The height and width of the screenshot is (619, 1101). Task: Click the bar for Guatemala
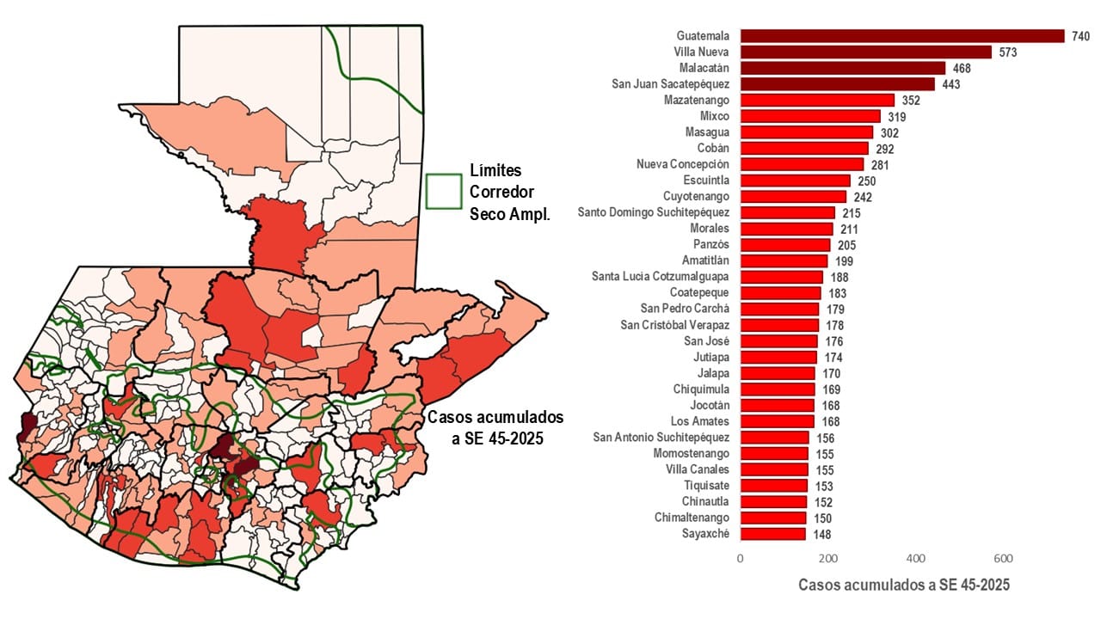901,36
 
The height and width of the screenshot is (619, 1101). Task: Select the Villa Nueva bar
865,52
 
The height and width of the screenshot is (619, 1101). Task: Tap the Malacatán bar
842,68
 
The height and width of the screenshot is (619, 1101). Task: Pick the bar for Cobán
803,148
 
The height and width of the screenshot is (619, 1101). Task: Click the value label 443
950,84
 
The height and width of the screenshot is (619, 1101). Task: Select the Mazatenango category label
696,100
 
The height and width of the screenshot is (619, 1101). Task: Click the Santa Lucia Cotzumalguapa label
660,276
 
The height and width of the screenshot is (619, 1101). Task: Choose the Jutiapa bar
778,357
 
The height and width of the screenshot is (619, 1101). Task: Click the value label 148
821,534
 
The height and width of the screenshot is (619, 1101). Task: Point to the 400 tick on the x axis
915,558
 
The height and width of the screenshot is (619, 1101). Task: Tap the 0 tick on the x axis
740,558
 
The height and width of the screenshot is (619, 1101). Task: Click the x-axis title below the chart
903,585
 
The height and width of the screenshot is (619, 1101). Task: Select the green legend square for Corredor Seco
445,191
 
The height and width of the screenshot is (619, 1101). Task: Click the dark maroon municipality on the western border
28,425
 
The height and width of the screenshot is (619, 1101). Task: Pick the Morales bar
786,229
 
